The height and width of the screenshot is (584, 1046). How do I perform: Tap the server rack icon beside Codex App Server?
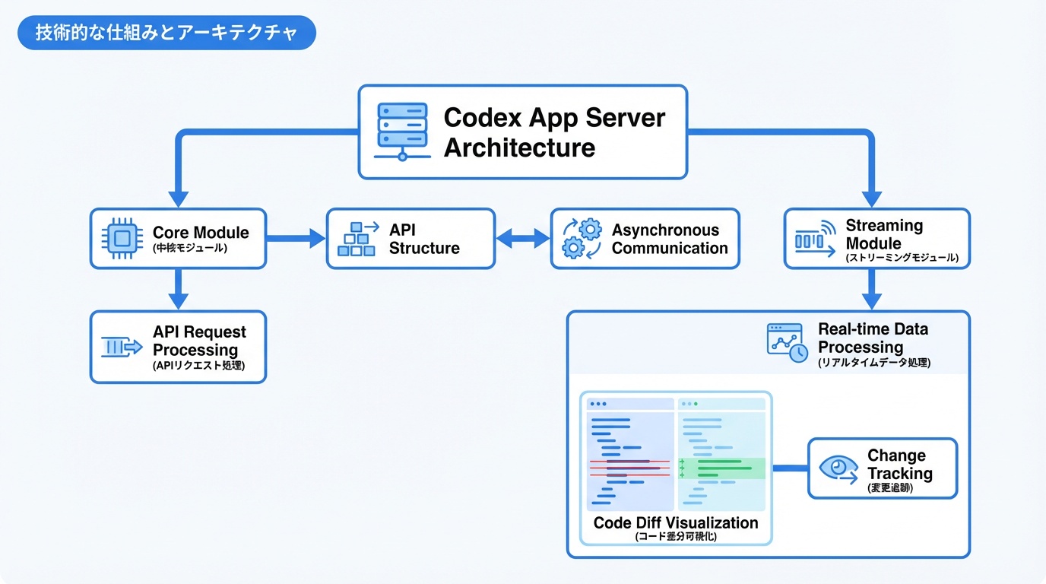click(x=402, y=132)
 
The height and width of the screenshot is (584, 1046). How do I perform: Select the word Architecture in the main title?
click(x=519, y=148)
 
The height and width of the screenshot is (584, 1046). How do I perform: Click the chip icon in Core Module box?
click(x=121, y=239)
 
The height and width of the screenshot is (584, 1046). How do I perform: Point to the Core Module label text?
click(x=201, y=233)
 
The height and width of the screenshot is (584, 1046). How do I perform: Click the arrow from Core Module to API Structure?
click(x=296, y=239)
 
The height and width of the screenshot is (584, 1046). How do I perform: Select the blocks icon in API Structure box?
click(x=357, y=239)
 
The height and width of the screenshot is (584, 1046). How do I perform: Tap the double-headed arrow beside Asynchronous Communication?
click(x=523, y=239)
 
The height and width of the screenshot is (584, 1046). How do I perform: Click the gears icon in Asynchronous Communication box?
click(x=582, y=239)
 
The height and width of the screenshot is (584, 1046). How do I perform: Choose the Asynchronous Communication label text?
click(x=670, y=239)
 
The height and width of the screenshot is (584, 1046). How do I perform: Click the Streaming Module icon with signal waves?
click(x=814, y=239)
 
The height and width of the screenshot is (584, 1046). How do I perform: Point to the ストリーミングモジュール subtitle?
click(x=902, y=259)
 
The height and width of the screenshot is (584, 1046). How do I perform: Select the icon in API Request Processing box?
click(x=122, y=348)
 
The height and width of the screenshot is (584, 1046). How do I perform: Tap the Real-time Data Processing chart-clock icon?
click(x=787, y=342)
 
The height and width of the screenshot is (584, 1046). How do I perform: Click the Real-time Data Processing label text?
click(x=873, y=338)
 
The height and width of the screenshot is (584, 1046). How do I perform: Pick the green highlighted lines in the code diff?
click(x=721, y=468)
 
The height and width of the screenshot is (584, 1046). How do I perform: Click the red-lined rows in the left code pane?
click(x=629, y=468)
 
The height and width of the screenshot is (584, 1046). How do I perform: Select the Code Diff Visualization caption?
click(x=676, y=523)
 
